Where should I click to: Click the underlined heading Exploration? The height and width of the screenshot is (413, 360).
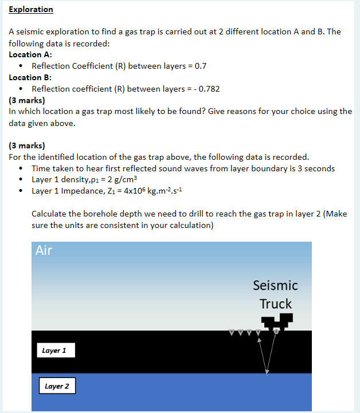(x=31, y=10)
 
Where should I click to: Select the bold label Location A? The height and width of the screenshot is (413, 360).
(x=33, y=54)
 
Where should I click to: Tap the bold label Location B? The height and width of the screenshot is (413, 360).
(x=33, y=77)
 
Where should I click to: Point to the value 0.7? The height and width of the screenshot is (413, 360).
(x=200, y=66)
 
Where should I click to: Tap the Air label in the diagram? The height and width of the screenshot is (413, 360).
(x=44, y=250)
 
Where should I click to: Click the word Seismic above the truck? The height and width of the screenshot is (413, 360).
(x=275, y=285)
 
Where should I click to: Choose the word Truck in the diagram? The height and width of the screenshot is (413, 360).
(x=275, y=304)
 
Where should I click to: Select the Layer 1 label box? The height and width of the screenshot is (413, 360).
(x=54, y=350)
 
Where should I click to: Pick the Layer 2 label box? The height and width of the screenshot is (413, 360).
(x=57, y=386)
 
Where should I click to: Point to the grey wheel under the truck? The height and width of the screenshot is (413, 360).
(x=277, y=331)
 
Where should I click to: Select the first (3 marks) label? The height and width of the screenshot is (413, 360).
(x=27, y=100)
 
